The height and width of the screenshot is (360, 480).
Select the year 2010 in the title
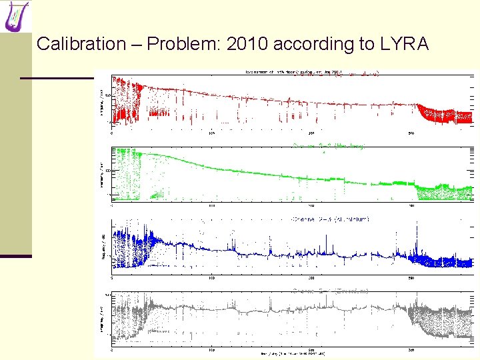coord(244,45)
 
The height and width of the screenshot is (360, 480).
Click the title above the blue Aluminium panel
coord(329,219)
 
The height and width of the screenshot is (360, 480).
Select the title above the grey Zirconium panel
coord(329,291)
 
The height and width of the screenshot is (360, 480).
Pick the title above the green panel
coord(329,146)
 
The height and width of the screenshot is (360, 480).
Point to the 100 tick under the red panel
coord(212,131)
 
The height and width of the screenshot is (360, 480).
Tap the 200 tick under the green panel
coord(312,205)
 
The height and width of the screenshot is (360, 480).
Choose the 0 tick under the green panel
coord(112,205)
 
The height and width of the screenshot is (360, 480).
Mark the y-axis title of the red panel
coord(101,101)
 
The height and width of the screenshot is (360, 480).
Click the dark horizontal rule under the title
coord(57,78)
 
